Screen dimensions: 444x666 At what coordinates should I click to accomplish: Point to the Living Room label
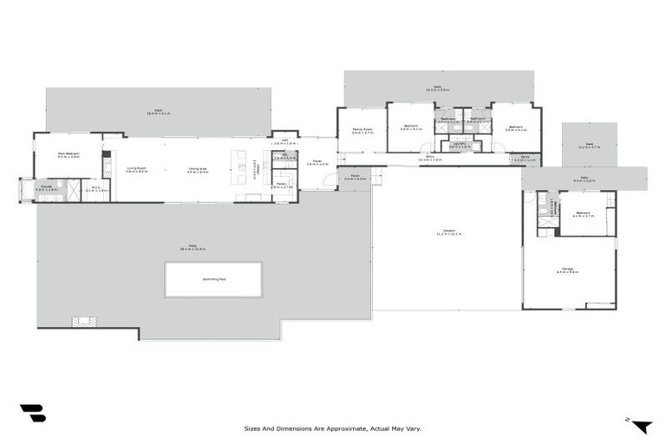pyautogui.click(x=136, y=169)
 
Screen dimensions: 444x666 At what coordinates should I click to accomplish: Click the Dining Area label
pyautogui.click(x=198, y=169)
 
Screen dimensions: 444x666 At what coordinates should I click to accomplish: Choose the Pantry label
pyautogui.click(x=282, y=185)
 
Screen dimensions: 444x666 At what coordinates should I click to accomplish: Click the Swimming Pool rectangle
pyautogui.click(x=213, y=279)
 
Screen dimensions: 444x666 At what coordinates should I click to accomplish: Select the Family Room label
pyautogui.click(x=362, y=130)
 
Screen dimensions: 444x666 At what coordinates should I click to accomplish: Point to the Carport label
pyautogui.click(x=448, y=232)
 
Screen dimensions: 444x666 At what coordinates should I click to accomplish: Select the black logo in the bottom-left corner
pyautogui.click(x=32, y=413)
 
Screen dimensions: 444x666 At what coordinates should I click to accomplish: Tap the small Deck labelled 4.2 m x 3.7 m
pyautogui.click(x=589, y=145)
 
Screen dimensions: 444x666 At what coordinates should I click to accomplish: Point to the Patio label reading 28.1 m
pyautogui.click(x=186, y=248)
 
